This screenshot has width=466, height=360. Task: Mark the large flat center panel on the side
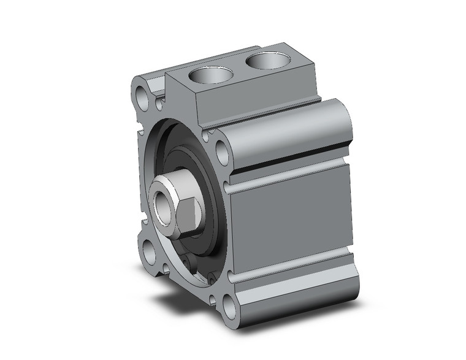(291, 221)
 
